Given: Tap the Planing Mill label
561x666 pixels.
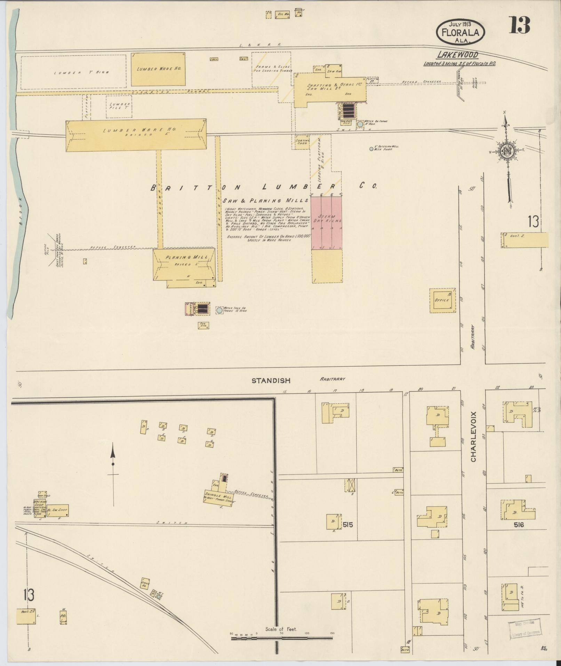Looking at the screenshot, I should point(186,257).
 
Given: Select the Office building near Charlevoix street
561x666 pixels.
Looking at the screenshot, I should point(442,300).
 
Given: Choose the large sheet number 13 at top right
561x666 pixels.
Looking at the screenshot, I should point(519,25).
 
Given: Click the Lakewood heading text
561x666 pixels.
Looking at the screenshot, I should point(457,55).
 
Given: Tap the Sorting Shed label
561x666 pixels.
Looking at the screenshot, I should point(302,142).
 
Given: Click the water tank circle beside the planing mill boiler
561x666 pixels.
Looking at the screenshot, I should point(219,310).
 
